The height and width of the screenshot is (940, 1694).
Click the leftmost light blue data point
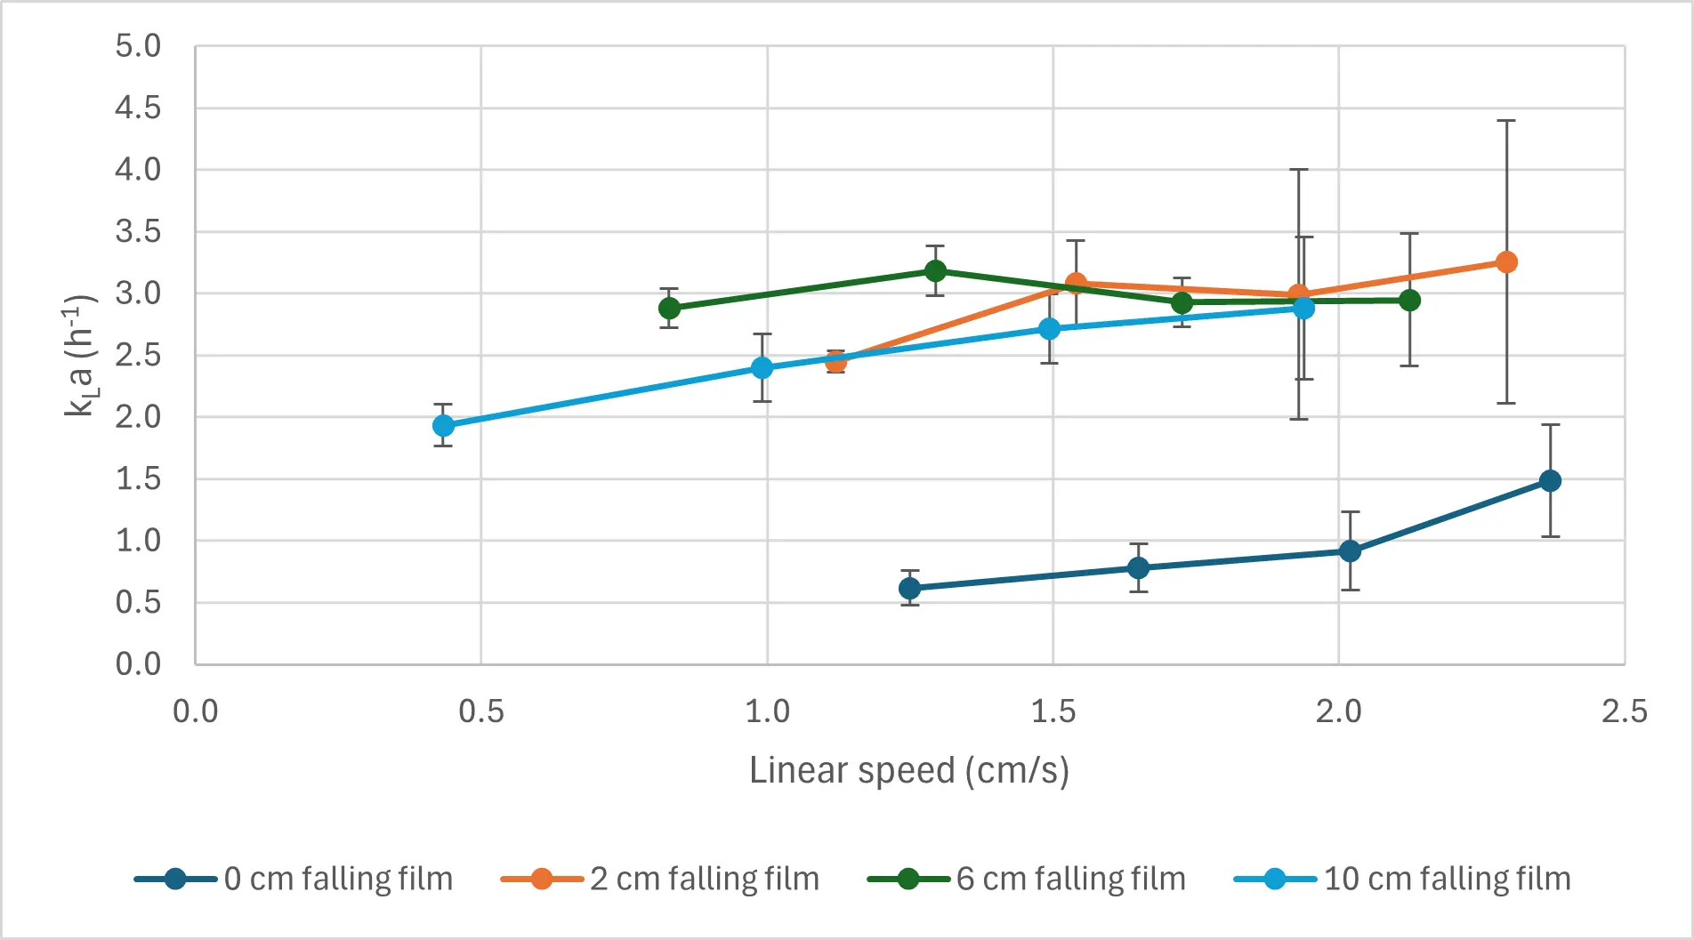coord(443,426)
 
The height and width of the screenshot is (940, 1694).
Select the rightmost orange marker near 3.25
coord(1506,262)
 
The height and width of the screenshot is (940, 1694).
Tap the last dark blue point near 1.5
coord(1550,481)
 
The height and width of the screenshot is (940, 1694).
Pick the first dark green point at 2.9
coord(669,309)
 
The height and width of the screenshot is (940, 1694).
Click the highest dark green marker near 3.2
coord(935,270)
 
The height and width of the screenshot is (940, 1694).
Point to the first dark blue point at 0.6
coord(909,589)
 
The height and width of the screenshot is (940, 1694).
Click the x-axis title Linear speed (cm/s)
coord(908,770)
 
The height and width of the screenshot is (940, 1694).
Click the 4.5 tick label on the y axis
coord(138,108)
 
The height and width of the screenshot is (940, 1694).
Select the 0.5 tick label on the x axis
coord(480,711)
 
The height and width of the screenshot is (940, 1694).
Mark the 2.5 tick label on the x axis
coord(1624,711)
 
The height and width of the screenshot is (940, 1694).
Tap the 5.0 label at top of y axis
coord(138,46)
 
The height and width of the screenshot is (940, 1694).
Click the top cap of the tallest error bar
coord(1506,121)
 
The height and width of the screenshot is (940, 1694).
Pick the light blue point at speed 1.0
coord(762,368)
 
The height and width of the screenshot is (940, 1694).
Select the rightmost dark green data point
coord(1409,301)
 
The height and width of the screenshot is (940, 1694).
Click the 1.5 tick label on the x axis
coord(1053,711)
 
